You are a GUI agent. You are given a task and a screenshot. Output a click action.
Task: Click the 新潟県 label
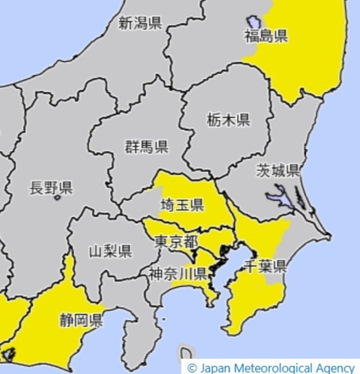140,23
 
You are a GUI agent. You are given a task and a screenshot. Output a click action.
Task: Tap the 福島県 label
266,36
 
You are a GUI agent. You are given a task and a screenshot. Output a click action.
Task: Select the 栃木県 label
229,120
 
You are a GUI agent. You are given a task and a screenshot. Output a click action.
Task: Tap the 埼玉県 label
182,205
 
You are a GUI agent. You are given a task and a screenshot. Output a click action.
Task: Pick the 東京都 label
176,241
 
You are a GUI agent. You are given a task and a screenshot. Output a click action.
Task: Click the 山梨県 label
111,251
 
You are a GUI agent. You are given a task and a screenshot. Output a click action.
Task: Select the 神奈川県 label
178,273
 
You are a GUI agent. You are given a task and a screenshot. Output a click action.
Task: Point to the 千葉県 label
265,266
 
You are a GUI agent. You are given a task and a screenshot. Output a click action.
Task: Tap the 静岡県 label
81,320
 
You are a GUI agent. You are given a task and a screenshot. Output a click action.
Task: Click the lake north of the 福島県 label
253,21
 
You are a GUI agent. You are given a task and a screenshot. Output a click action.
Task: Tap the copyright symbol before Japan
192,368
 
